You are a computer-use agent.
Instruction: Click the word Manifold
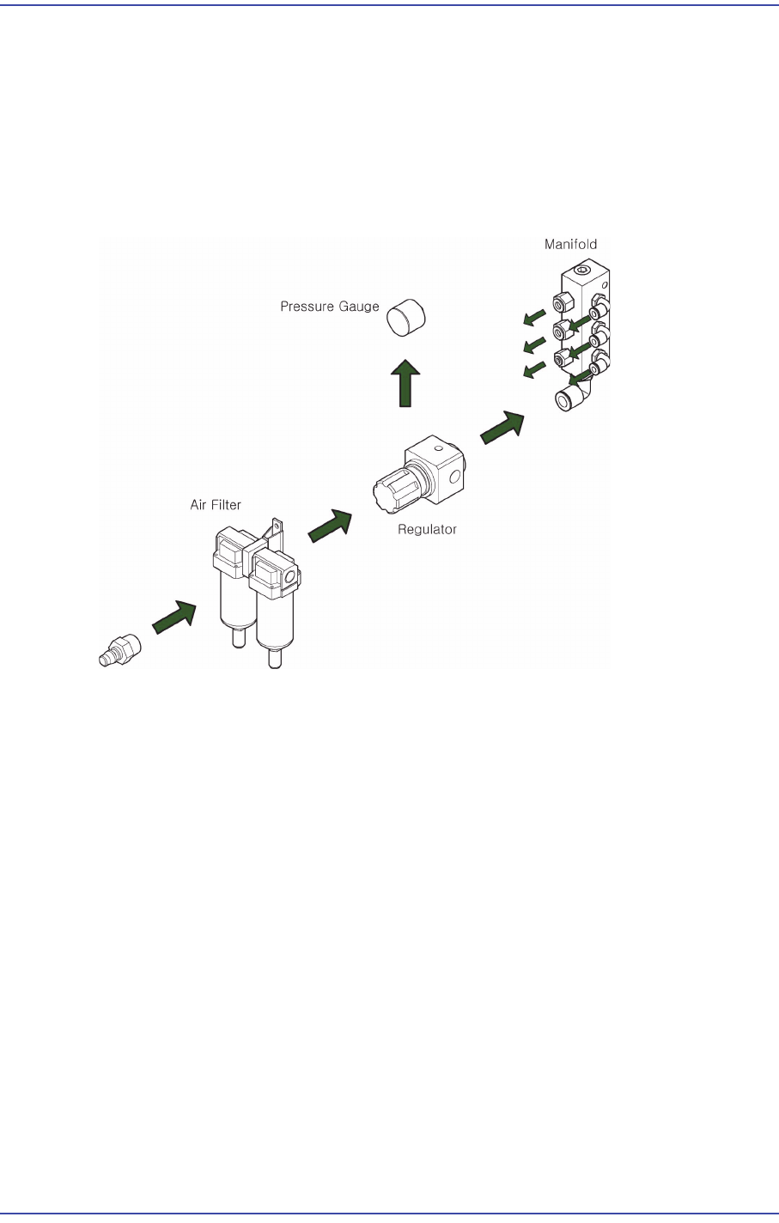click(x=570, y=245)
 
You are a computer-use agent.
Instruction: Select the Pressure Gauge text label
click(x=330, y=307)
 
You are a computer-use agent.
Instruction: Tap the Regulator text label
click(x=427, y=530)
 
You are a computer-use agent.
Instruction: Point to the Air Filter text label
click(x=216, y=505)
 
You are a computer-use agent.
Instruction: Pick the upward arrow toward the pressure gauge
click(x=405, y=383)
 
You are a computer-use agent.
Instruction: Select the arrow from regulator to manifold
click(x=502, y=427)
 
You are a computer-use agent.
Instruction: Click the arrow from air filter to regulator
click(x=330, y=526)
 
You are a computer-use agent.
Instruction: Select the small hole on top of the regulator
click(x=438, y=448)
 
